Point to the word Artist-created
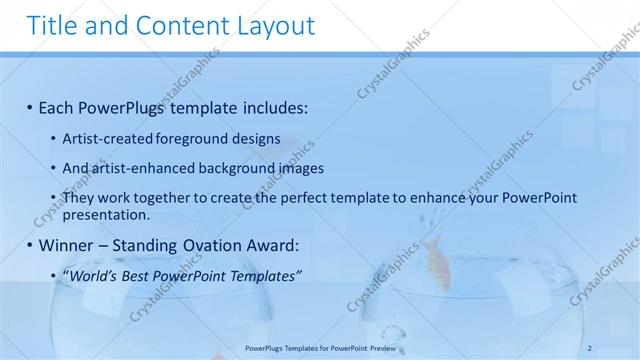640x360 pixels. coord(108,140)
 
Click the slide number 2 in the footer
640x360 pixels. coord(590,347)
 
